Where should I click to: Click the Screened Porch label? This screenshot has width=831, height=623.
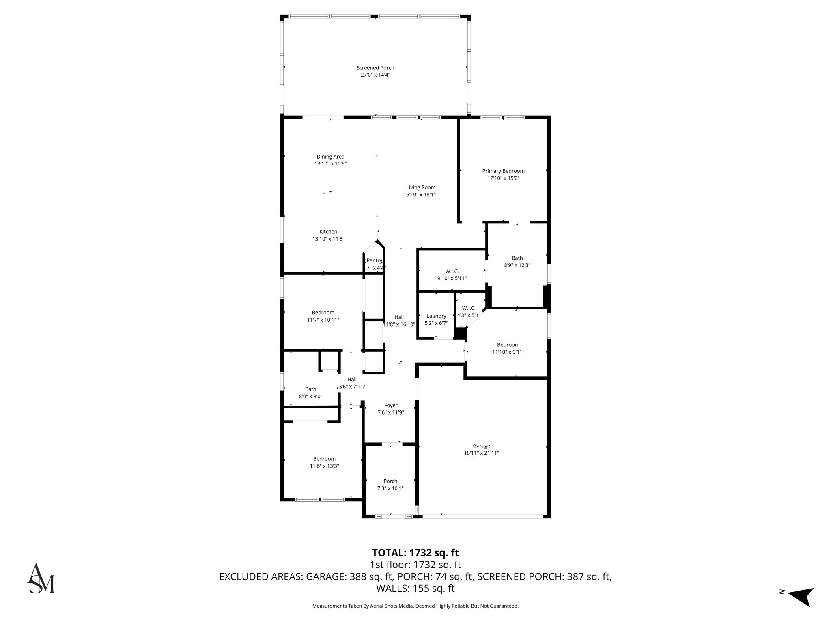(x=375, y=68)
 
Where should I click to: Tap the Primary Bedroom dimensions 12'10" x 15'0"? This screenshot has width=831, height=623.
(x=503, y=178)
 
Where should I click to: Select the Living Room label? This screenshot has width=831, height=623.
(x=421, y=187)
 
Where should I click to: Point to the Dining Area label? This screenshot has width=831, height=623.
(x=330, y=157)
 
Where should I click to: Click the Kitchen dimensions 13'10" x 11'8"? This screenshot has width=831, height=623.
(x=328, y=239)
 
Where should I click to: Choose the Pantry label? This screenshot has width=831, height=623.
(x=374, y=260)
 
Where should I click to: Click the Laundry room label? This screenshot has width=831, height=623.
(x=436, y=316)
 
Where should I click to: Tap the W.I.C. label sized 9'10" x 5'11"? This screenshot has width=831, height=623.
(x=452, y=271)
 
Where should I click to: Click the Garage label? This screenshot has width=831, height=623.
(x=481, y=445)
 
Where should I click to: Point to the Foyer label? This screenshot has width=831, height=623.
(x=390, y=405)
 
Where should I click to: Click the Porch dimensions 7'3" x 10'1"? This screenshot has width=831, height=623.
(x=390, y=488)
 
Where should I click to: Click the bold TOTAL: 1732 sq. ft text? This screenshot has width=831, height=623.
(x=415, y=553)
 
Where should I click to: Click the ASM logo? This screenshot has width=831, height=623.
(x=41, y=578)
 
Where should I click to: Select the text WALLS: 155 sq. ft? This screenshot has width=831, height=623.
(x=415, y=589)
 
